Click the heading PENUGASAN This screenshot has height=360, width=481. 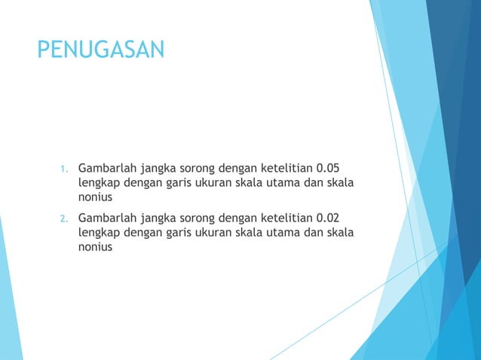coord(100,51)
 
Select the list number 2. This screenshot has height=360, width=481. coord(65,219)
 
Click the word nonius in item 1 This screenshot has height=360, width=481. coord(95,197)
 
